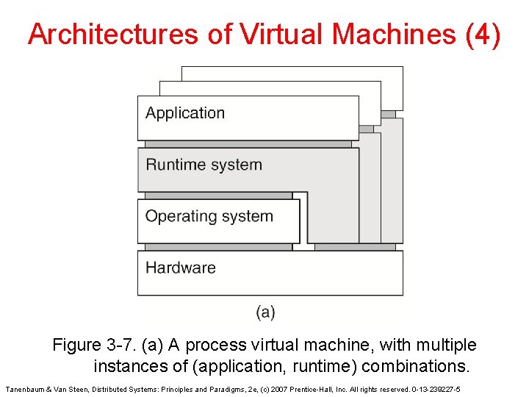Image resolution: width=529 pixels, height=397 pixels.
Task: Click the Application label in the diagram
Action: click(185, 113)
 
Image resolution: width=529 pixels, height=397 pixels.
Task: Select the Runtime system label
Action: click(204, 165)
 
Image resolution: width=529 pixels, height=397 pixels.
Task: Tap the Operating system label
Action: click(209, 216)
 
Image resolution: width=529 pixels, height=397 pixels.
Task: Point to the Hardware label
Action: click(181, 268)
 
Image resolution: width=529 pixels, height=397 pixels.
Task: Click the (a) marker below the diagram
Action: click(265, 312)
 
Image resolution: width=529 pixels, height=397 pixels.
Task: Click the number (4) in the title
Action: click(483, 35)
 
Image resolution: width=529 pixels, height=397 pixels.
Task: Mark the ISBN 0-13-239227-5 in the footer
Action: click(436, 388)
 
